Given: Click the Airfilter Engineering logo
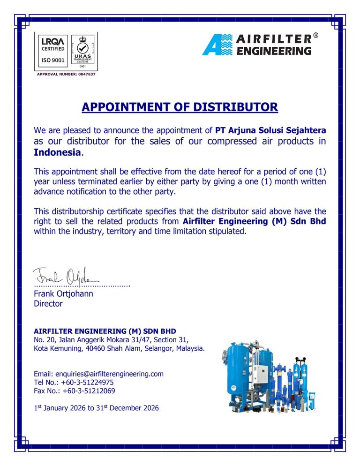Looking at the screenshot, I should (257, 45).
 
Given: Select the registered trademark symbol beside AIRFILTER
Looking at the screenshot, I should (316, 36).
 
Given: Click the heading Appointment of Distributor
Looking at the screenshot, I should (180, 107).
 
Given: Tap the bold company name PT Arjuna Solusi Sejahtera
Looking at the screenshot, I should (270, 130).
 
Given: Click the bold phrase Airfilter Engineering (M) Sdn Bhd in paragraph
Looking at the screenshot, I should (255, 221).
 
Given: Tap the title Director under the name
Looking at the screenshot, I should (48, 304).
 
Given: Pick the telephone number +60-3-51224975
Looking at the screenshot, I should (84, 383).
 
